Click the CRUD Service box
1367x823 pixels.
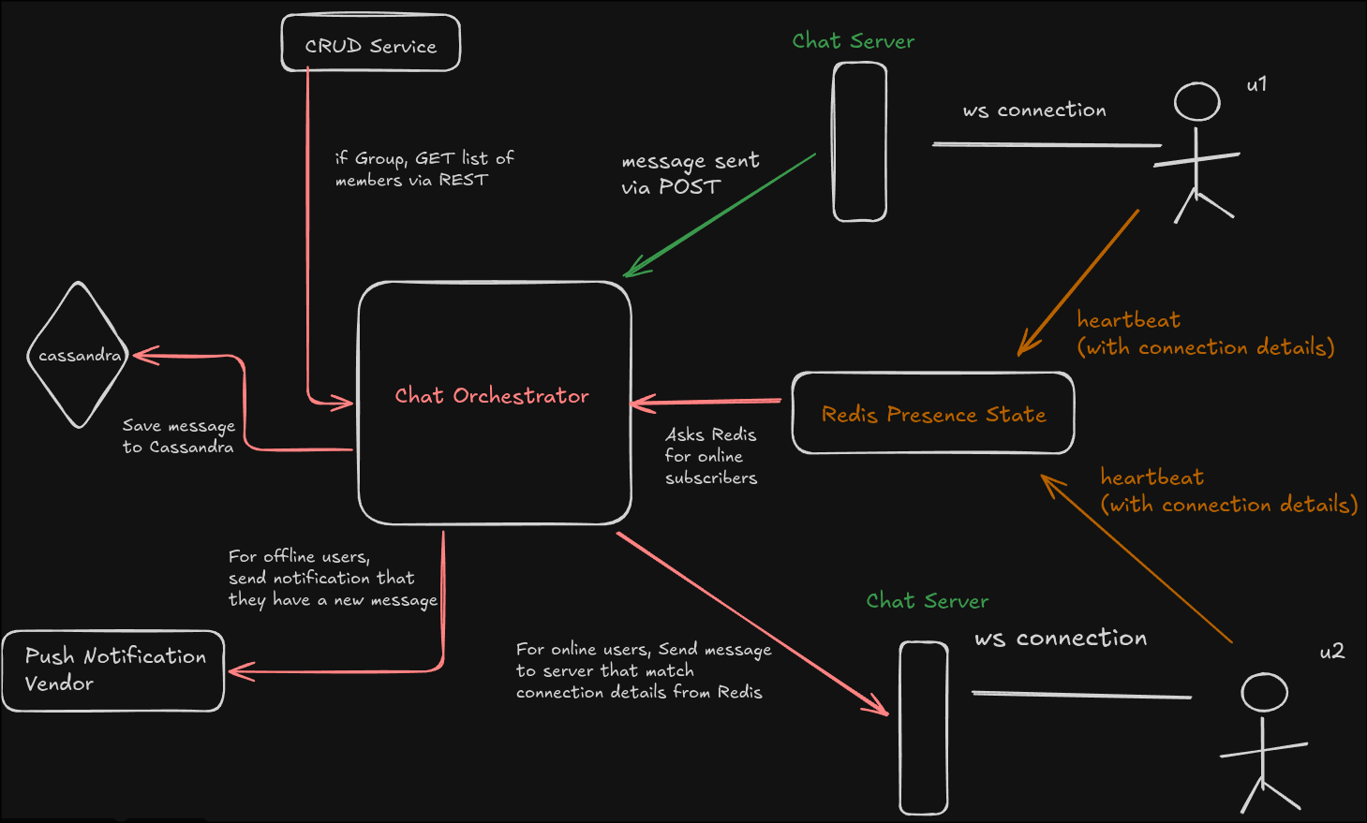(x=371, y=44)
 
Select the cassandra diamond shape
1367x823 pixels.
(x=78, y=355)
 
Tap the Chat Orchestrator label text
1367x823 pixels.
(x=492, y=396)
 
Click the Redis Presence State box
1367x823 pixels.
(x=933, y=414)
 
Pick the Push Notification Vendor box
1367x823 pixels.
(x=112, y=670)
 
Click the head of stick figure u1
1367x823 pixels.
(x=1197, y=101)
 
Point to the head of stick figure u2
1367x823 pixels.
(x=1264, y=693)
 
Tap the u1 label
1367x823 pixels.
(x=1256, y=84)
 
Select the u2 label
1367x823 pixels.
(x=1331, y=652)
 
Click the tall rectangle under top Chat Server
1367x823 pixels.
(x=860, y=142)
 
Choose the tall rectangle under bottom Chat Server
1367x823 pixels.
(x=924, y=727)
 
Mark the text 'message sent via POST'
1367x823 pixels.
(x=690, y=174)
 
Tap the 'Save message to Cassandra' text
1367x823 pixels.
(x=178, y=436)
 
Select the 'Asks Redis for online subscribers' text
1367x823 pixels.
(x=710, y=456)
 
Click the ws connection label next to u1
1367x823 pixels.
(x=1034, y=110)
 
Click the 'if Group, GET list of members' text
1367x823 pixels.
(x=423, y=169)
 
